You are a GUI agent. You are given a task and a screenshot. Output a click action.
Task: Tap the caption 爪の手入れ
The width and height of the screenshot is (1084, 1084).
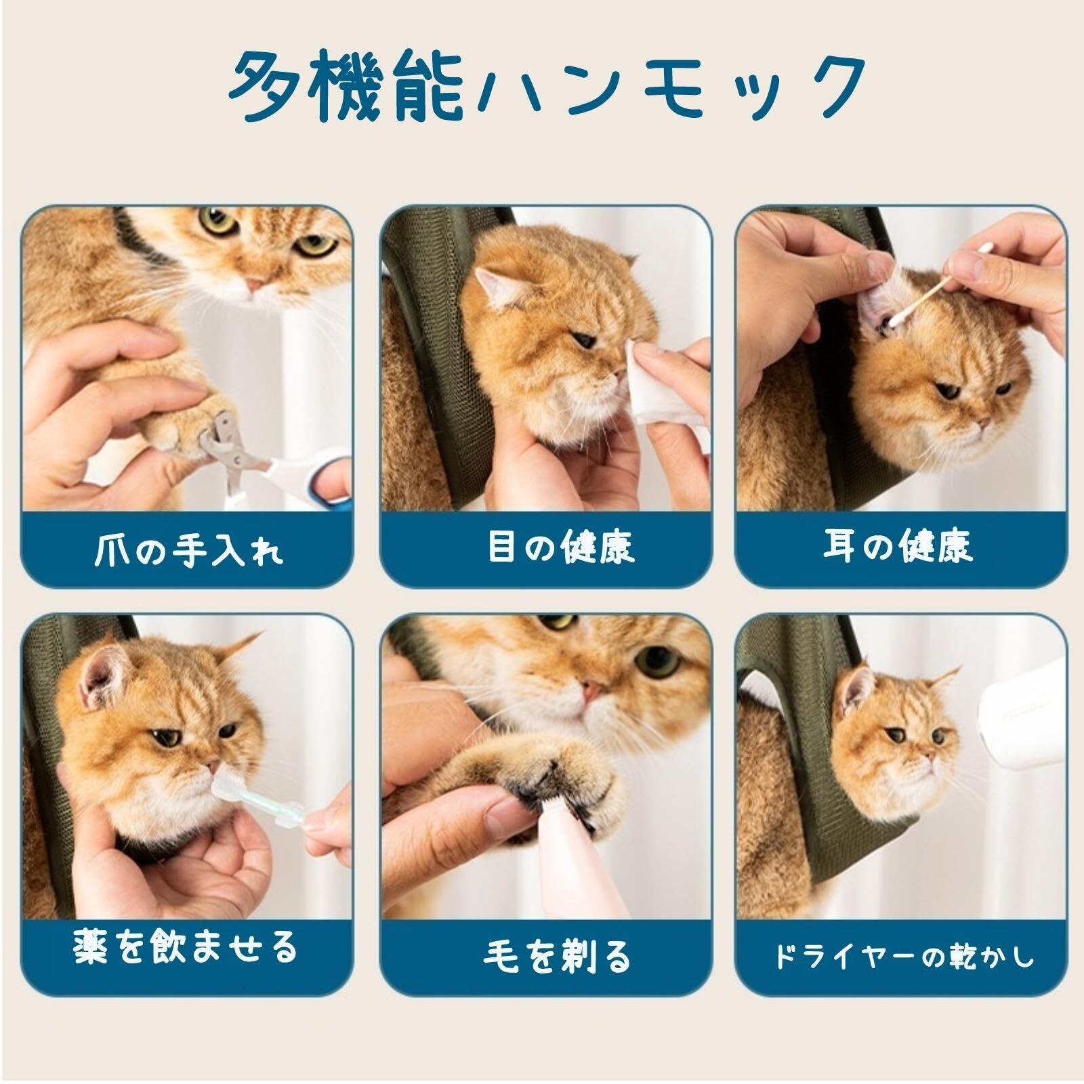[188, 551]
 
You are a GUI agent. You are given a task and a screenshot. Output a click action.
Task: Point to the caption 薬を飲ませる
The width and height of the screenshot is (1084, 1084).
[186, 946]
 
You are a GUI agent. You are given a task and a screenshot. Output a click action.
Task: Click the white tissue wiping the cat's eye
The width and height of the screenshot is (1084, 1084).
[661, 383]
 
